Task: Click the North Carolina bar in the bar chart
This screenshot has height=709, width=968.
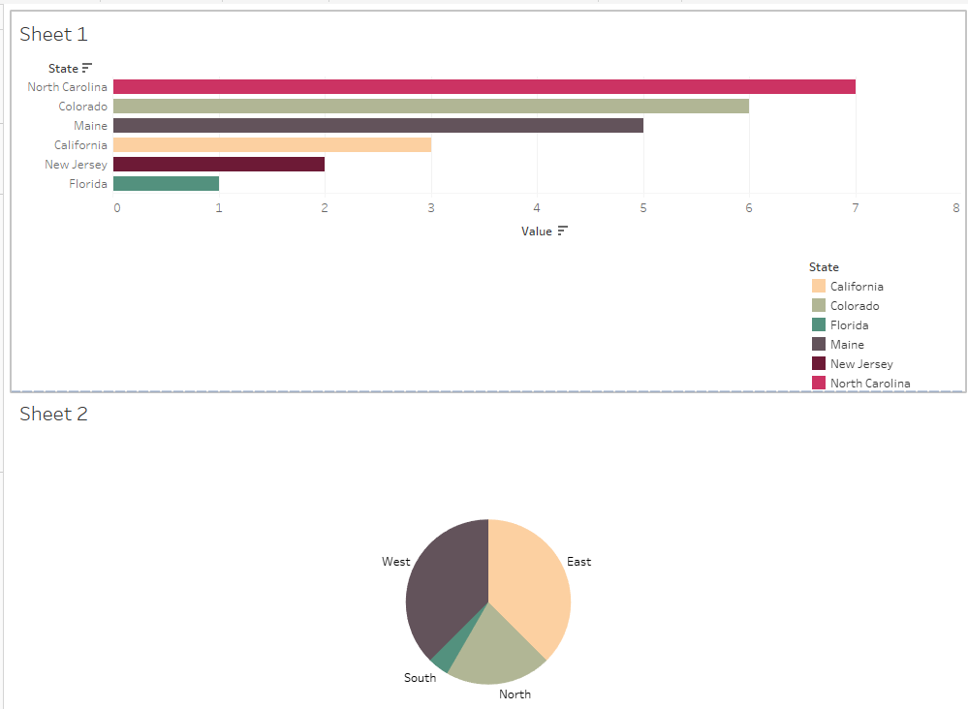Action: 484,87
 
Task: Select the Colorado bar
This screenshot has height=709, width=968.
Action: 431,107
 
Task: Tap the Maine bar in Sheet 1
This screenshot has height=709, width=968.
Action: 378,126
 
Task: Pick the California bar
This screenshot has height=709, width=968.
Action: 272,145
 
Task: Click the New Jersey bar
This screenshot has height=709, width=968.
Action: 219,165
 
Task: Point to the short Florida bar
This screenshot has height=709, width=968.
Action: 166,184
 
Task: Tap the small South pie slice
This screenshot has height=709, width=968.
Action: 441,661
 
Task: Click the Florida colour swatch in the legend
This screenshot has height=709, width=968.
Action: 819,325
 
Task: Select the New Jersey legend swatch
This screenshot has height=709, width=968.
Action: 819,364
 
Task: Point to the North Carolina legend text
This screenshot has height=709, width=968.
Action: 870,384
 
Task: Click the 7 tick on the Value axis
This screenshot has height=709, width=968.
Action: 856,207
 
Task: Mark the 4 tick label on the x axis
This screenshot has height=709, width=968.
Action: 537,207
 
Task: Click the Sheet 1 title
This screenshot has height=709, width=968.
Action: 53,34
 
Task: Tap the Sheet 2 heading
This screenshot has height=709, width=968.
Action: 53,414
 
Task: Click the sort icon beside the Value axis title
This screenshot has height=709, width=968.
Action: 563,231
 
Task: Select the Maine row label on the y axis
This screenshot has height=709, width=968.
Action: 90,126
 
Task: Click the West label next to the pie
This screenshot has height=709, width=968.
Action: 395,562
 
